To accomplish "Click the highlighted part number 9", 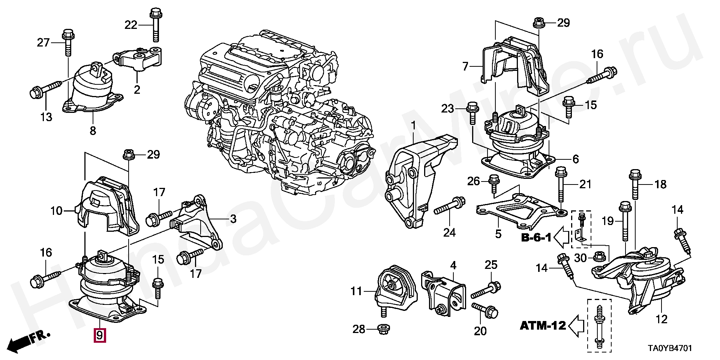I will pos(99,335).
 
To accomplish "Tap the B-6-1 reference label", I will pos(536,237).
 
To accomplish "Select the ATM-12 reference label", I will pos(543,325).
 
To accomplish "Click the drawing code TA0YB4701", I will pos(670,348).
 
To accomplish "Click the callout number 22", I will pos(131,25).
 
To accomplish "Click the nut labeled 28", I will pos(382,330).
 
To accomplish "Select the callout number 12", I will pos(661,319).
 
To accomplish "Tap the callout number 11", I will pos(357,291).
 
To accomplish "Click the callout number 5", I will pos(498,234).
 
